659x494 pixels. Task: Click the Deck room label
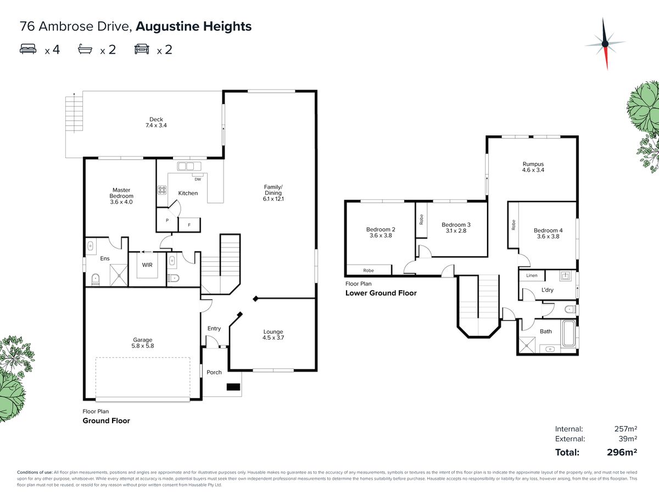[x=156, y=122]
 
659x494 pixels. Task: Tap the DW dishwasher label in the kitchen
[x=198, y=179]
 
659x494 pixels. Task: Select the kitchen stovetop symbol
[x=162, y=190]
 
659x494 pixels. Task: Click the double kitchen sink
[x=189, y=166]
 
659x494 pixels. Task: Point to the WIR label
[x=147, y=265]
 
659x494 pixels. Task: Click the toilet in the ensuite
[x=95, y=279]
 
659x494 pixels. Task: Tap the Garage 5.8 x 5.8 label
[x=143, y=343]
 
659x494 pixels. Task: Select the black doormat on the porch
[x=233, y=387]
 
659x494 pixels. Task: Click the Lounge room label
[x=273, y=335]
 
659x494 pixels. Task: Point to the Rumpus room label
[x=533, y=167]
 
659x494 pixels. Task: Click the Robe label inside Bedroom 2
[x=368, y=271]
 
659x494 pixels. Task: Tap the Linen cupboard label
[x=532, y=276]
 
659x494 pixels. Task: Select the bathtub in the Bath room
[x=569, y=334]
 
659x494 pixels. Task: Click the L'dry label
[x=548, y=290]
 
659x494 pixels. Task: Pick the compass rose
[x=605, y=44]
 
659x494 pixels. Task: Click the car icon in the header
[x=142, y=49]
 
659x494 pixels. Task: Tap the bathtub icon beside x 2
[x=85, y=49]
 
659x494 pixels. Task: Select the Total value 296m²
[x=622, y=452]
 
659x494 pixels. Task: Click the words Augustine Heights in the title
[x=194, y=26]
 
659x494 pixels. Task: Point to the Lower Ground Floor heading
[x=381, y=293]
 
